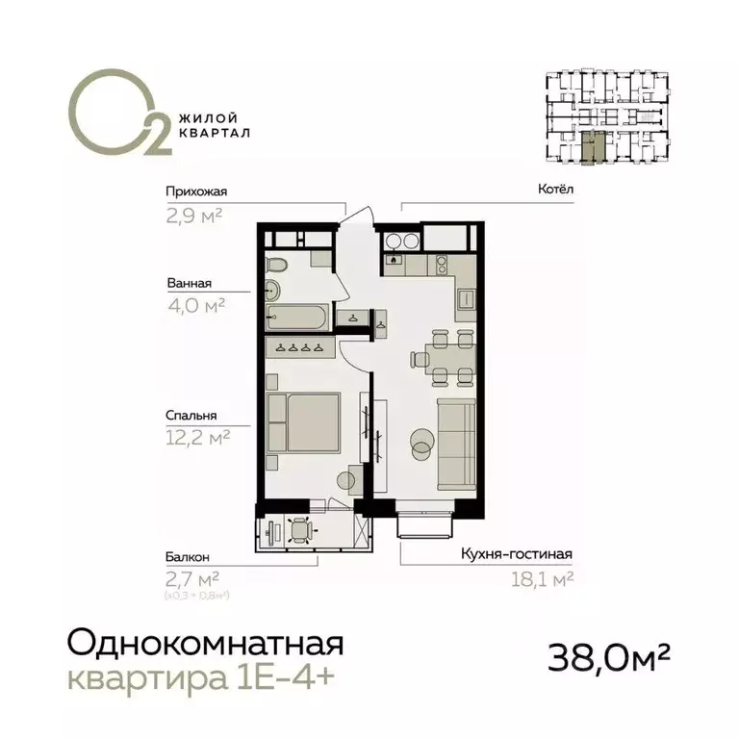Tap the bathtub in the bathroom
(295, 315)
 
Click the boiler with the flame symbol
(393, 259)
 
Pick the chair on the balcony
(302, 530)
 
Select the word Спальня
(190, 416)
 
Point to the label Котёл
(555, 190)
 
